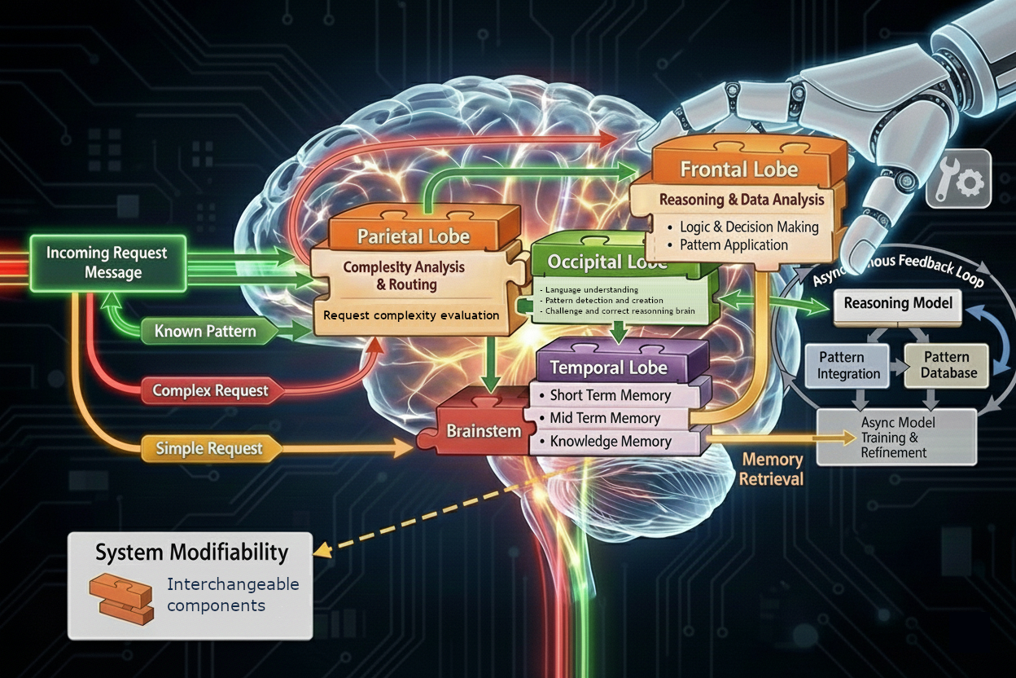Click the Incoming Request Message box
point(107,262)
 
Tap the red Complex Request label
point(210,390)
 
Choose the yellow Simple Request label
point(209,448)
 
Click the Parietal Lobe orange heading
point(414,236)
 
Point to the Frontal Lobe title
point(738,169)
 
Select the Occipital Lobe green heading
point(607,262)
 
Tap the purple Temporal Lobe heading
point(609,368)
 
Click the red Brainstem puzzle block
point(483,431)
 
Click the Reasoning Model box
point(898,303)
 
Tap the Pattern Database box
point(947,365)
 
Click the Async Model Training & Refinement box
point(896,438)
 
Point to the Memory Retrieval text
point(772,469)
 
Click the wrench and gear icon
point(958,179)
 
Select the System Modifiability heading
point(191,553)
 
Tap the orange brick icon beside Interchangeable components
point(120,597)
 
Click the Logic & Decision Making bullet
point(749,227)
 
